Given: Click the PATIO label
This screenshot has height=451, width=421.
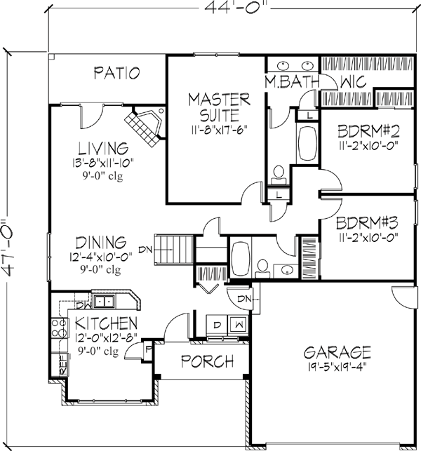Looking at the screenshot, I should pyautogui.click(x=119, y=73).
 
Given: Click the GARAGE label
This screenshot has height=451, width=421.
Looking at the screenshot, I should pyautogui.click(x=328, y=351).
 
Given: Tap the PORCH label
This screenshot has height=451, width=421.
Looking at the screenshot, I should pyautogui.click(x=207, y=362).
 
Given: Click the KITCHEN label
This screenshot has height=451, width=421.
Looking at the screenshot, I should pyautogui.click(x=106, y=323).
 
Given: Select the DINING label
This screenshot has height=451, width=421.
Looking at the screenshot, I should pyautogui.click(x=102, y=242).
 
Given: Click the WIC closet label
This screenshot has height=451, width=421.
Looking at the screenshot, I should pyautogui.click(x=353, y=82).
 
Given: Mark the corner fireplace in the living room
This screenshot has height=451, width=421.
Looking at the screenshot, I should pyautogui.click(x=145, y=126).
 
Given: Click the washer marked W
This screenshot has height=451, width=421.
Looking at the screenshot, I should pyautogui.click(x=240, y=325).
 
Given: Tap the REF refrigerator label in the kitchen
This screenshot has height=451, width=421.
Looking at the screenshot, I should pyautogui.click(x=62, y=364).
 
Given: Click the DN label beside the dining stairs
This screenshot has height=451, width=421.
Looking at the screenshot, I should pyautogui.click(x=145, y=248).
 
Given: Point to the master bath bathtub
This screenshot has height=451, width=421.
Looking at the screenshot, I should pyautogui.click(x=307, y=144).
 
